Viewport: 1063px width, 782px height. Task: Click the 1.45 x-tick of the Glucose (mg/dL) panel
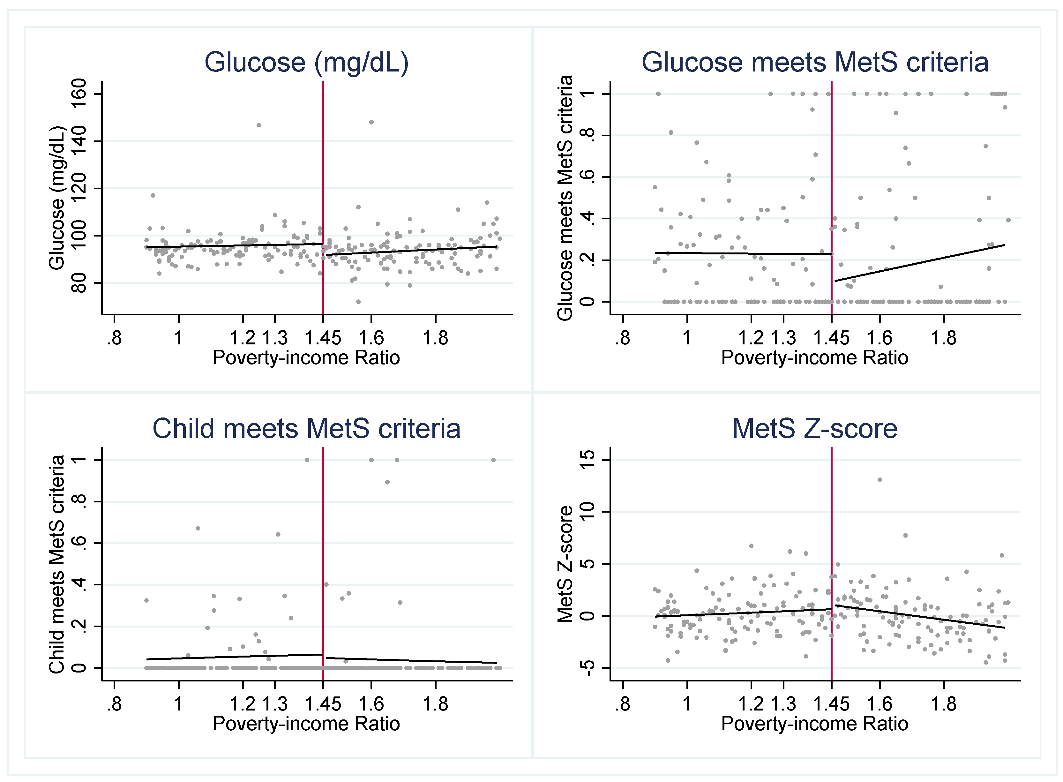pos(323,338)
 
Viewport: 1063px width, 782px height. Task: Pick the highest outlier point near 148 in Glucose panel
pos(371,122)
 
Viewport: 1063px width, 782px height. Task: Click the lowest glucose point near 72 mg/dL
pos(358,302)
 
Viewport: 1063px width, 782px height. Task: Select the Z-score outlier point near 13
pos(880,479)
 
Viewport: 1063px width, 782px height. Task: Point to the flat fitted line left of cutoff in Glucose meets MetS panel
pos(743,253)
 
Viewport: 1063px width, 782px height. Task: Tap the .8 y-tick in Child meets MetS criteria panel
pos(79,501)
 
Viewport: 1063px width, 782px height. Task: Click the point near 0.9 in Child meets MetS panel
pos(387,482)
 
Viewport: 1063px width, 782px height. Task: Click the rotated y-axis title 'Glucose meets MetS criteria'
pos(565,198)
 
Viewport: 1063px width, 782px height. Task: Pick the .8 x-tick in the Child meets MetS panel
pos(114,704)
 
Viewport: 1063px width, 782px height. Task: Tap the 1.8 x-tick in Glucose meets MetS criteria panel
pos(944,338)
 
